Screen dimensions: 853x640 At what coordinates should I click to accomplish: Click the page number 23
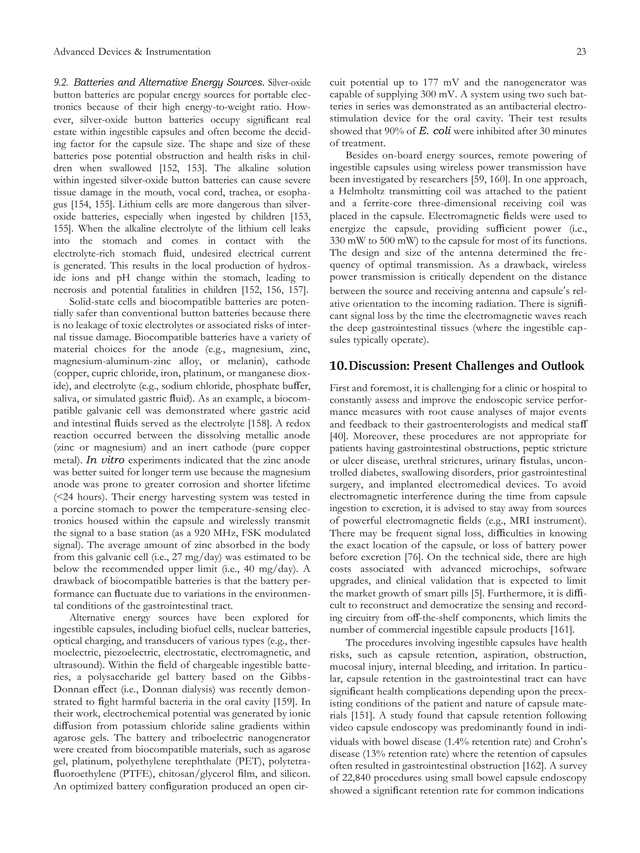[581, 52]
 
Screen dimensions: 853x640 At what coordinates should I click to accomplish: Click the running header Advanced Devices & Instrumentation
[132, 52]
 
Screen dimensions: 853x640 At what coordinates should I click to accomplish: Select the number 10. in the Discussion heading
[338, 365]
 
